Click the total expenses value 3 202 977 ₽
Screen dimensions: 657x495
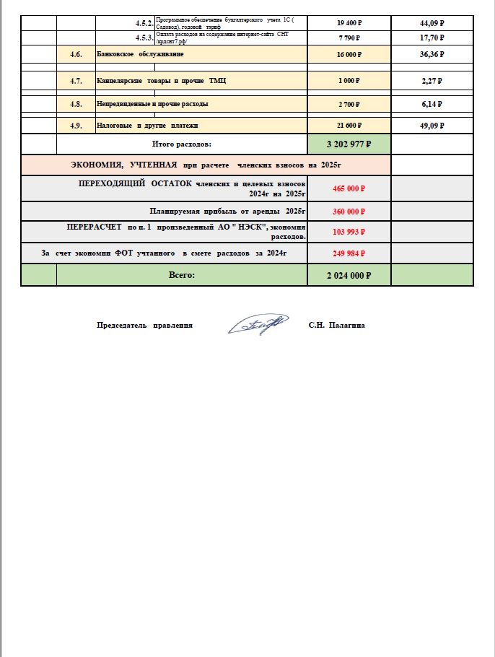coord(349,144)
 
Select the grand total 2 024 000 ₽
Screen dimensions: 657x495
coord(349,275)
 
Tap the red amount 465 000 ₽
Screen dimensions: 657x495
coord(349,188)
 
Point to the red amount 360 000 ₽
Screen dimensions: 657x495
coord(349,212)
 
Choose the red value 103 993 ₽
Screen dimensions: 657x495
coord(349,232)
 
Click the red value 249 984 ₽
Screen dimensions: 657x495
coord(349,253)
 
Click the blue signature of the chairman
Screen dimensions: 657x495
coord(258,325)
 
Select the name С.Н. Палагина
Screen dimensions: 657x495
coord(336,326)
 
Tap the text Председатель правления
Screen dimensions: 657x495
coord(145,326)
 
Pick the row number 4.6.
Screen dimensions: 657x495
coord(76,55)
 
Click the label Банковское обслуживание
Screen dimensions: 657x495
coord(140,55)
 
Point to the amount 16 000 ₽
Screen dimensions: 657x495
coord(349,55)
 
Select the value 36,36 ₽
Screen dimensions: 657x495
coord(432,54)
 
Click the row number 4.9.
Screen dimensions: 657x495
coord(76,126)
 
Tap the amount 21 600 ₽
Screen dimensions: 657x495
coord(349,126)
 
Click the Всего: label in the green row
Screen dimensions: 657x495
coord(181,275)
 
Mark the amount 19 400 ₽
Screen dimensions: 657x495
coord(349,22)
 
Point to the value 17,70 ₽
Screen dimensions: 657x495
coord(432,37)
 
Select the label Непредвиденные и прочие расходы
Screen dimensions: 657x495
coord(152,104)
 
